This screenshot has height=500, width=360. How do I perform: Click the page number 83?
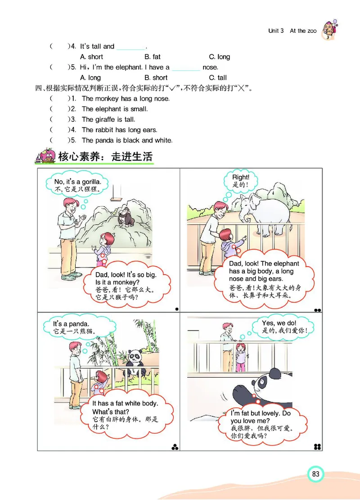(x=315, y=474)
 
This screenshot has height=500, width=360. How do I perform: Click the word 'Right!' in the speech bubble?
(x=240, y=178)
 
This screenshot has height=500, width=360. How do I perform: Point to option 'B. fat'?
(x=152, y=57)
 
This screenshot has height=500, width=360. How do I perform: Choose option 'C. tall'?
(x=218, y=78)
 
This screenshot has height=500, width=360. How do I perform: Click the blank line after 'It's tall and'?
(x=131, y=47)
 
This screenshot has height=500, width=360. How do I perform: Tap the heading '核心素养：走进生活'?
(x=105, y=156)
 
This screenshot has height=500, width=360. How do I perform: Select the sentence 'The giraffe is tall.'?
(x=108, y=120)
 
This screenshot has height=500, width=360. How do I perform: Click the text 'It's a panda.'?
(x=71, y=324)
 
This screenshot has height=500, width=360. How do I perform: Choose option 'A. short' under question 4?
(x=91, y=57)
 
